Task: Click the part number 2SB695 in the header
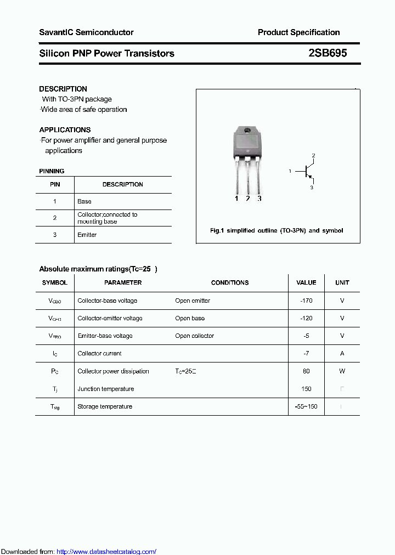[328, 53]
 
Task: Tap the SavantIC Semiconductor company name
[86, 32]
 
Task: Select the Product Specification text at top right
[298, 32]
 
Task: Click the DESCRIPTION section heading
[63, 89]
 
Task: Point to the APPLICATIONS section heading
[65, 130]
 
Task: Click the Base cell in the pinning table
[84, 201]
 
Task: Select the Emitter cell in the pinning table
[87, 235]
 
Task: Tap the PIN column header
[55, 184]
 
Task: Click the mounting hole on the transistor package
[247, 131]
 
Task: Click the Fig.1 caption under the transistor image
[276, 230]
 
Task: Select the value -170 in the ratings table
[306, 301]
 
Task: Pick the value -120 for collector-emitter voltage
[306, 318]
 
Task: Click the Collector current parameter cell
[99, 354]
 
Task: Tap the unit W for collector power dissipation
[342, 371]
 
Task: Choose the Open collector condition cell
[195, 336]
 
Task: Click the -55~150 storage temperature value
[306, 406]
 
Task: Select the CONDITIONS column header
[230, 282]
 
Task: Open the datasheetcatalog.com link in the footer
[106, 551]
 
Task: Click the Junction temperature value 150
[306, 389]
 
